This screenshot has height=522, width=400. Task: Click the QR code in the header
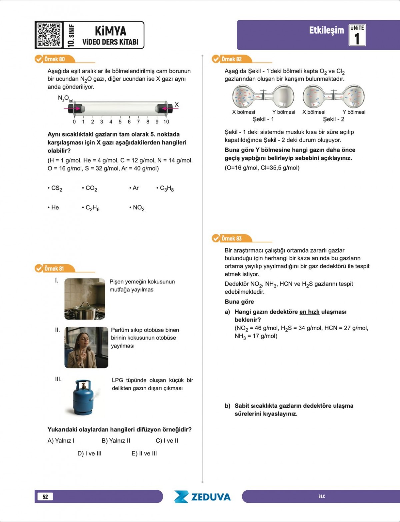click(49, 35)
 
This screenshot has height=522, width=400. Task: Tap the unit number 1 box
click(357, 35)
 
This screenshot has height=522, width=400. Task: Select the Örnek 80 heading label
click(55, 59)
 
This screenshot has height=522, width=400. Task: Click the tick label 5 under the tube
click(120, 122)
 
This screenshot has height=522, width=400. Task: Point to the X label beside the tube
click(177, 105)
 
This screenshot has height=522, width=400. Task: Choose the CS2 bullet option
click(55, 188)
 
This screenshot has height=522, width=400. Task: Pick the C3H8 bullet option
click(166, 188)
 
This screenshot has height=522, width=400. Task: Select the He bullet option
click(54, 208)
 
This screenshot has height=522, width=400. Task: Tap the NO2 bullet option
click(137, 208)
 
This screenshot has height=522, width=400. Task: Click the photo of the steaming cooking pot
click(85, 299)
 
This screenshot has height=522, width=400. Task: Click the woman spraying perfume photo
click(86, 348)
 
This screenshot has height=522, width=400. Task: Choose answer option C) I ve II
click(167, 441)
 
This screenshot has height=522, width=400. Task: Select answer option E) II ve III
click(144, 453)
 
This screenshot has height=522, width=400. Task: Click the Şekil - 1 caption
click(263, 119)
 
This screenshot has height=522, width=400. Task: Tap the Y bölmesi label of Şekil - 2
click(354, 112)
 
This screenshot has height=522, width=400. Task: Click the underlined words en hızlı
click(309, 312)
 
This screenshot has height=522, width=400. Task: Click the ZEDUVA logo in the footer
click(202, 497)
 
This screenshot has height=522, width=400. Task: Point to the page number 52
click(45, 497)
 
